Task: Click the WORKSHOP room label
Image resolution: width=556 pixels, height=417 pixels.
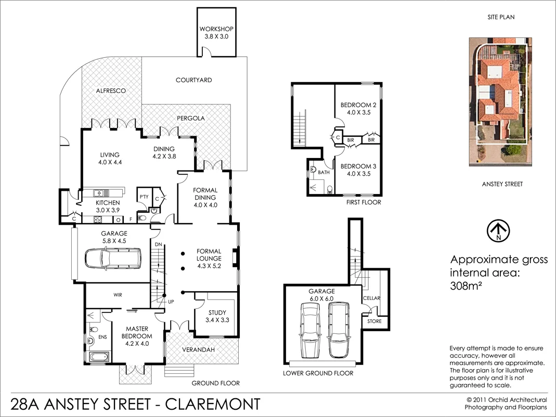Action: [x=216, y=29]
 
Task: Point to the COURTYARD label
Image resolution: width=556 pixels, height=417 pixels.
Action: [x=193, y=80]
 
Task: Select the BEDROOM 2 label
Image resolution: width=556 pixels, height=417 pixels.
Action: [x=358, y=105]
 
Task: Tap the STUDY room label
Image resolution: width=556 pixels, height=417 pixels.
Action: [x=217, y=313]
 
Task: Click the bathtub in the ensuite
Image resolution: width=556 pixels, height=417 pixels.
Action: [x=99, y=358]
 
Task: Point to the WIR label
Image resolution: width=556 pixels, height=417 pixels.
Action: [x=118, y=294]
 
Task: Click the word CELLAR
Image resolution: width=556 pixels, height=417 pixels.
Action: [x=372, y=298]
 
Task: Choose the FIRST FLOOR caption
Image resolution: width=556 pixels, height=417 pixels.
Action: [x=364, y=202]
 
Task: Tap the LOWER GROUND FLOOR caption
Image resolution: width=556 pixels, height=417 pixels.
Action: [x=318, y=373]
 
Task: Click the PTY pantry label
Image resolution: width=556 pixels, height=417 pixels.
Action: [x=144, y=196]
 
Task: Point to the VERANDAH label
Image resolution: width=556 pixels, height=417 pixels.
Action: [x=199, y=350]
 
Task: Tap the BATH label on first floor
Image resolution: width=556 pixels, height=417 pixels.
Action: [x=324, y=172]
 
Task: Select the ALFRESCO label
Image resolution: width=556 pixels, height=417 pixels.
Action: [x=111, y=90]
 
